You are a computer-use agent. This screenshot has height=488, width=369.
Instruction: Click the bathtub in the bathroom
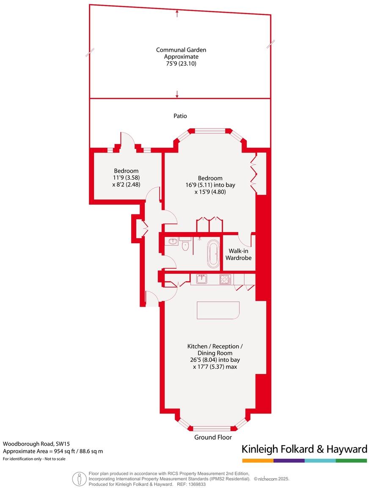(213, 254)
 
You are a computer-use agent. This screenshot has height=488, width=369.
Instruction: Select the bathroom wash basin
(172, 241)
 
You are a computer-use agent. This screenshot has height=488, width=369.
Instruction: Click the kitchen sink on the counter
(201, 280)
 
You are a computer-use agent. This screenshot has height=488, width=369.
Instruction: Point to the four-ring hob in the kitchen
(225, 280)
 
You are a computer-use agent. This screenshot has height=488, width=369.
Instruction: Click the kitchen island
(218, 311)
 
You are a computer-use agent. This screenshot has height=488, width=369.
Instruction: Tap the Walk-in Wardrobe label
(240, 254)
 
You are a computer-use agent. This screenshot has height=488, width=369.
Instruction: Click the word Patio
(180, 116)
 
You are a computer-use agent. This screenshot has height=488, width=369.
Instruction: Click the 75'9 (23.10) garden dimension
(181, 64)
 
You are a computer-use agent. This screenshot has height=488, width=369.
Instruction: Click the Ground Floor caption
(213, 437)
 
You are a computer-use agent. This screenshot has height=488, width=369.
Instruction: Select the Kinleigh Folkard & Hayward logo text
(304, 449)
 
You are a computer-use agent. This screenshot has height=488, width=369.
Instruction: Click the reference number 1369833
(197, 484)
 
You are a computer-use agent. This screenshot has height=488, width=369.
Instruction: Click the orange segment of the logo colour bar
(257, 460)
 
